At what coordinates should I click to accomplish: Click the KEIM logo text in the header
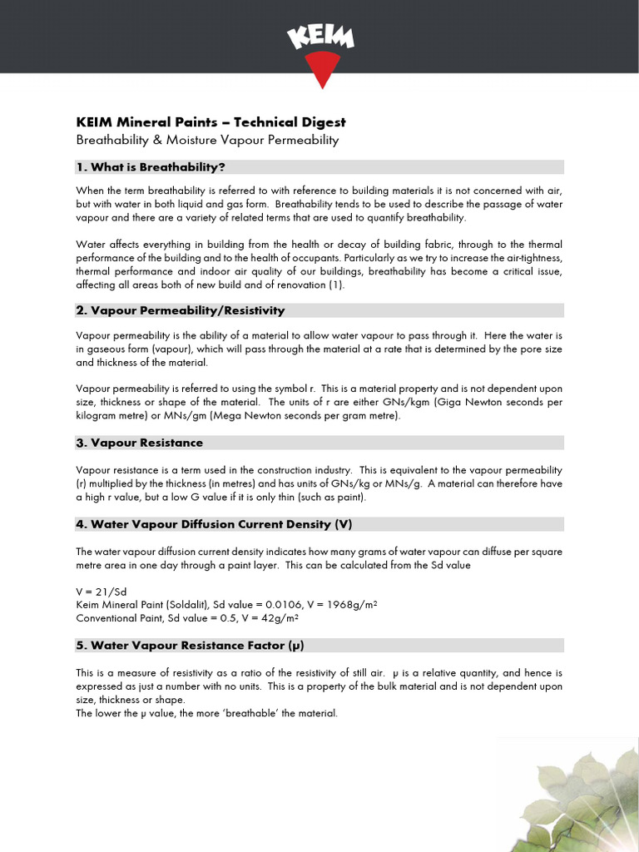pyautogui.click(x=320, y=37)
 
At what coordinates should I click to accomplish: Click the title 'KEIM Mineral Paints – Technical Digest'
pyautogui.click(x=211, y=122)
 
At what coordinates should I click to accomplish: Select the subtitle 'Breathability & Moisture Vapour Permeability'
pyautogui.click(x=207, y=140)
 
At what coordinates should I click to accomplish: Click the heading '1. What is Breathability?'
pyautogui.click(x=151, y=167)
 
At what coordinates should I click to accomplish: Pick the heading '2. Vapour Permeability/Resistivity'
pyautogui.click(x=181, y=310)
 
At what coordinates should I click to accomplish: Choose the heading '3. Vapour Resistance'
pyautogui.click(x=140, y=443)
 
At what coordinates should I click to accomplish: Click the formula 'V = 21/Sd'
pyautogui.click(x=99, y=591)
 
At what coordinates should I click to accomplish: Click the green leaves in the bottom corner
pyautogui.click(x=574, y=799)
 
